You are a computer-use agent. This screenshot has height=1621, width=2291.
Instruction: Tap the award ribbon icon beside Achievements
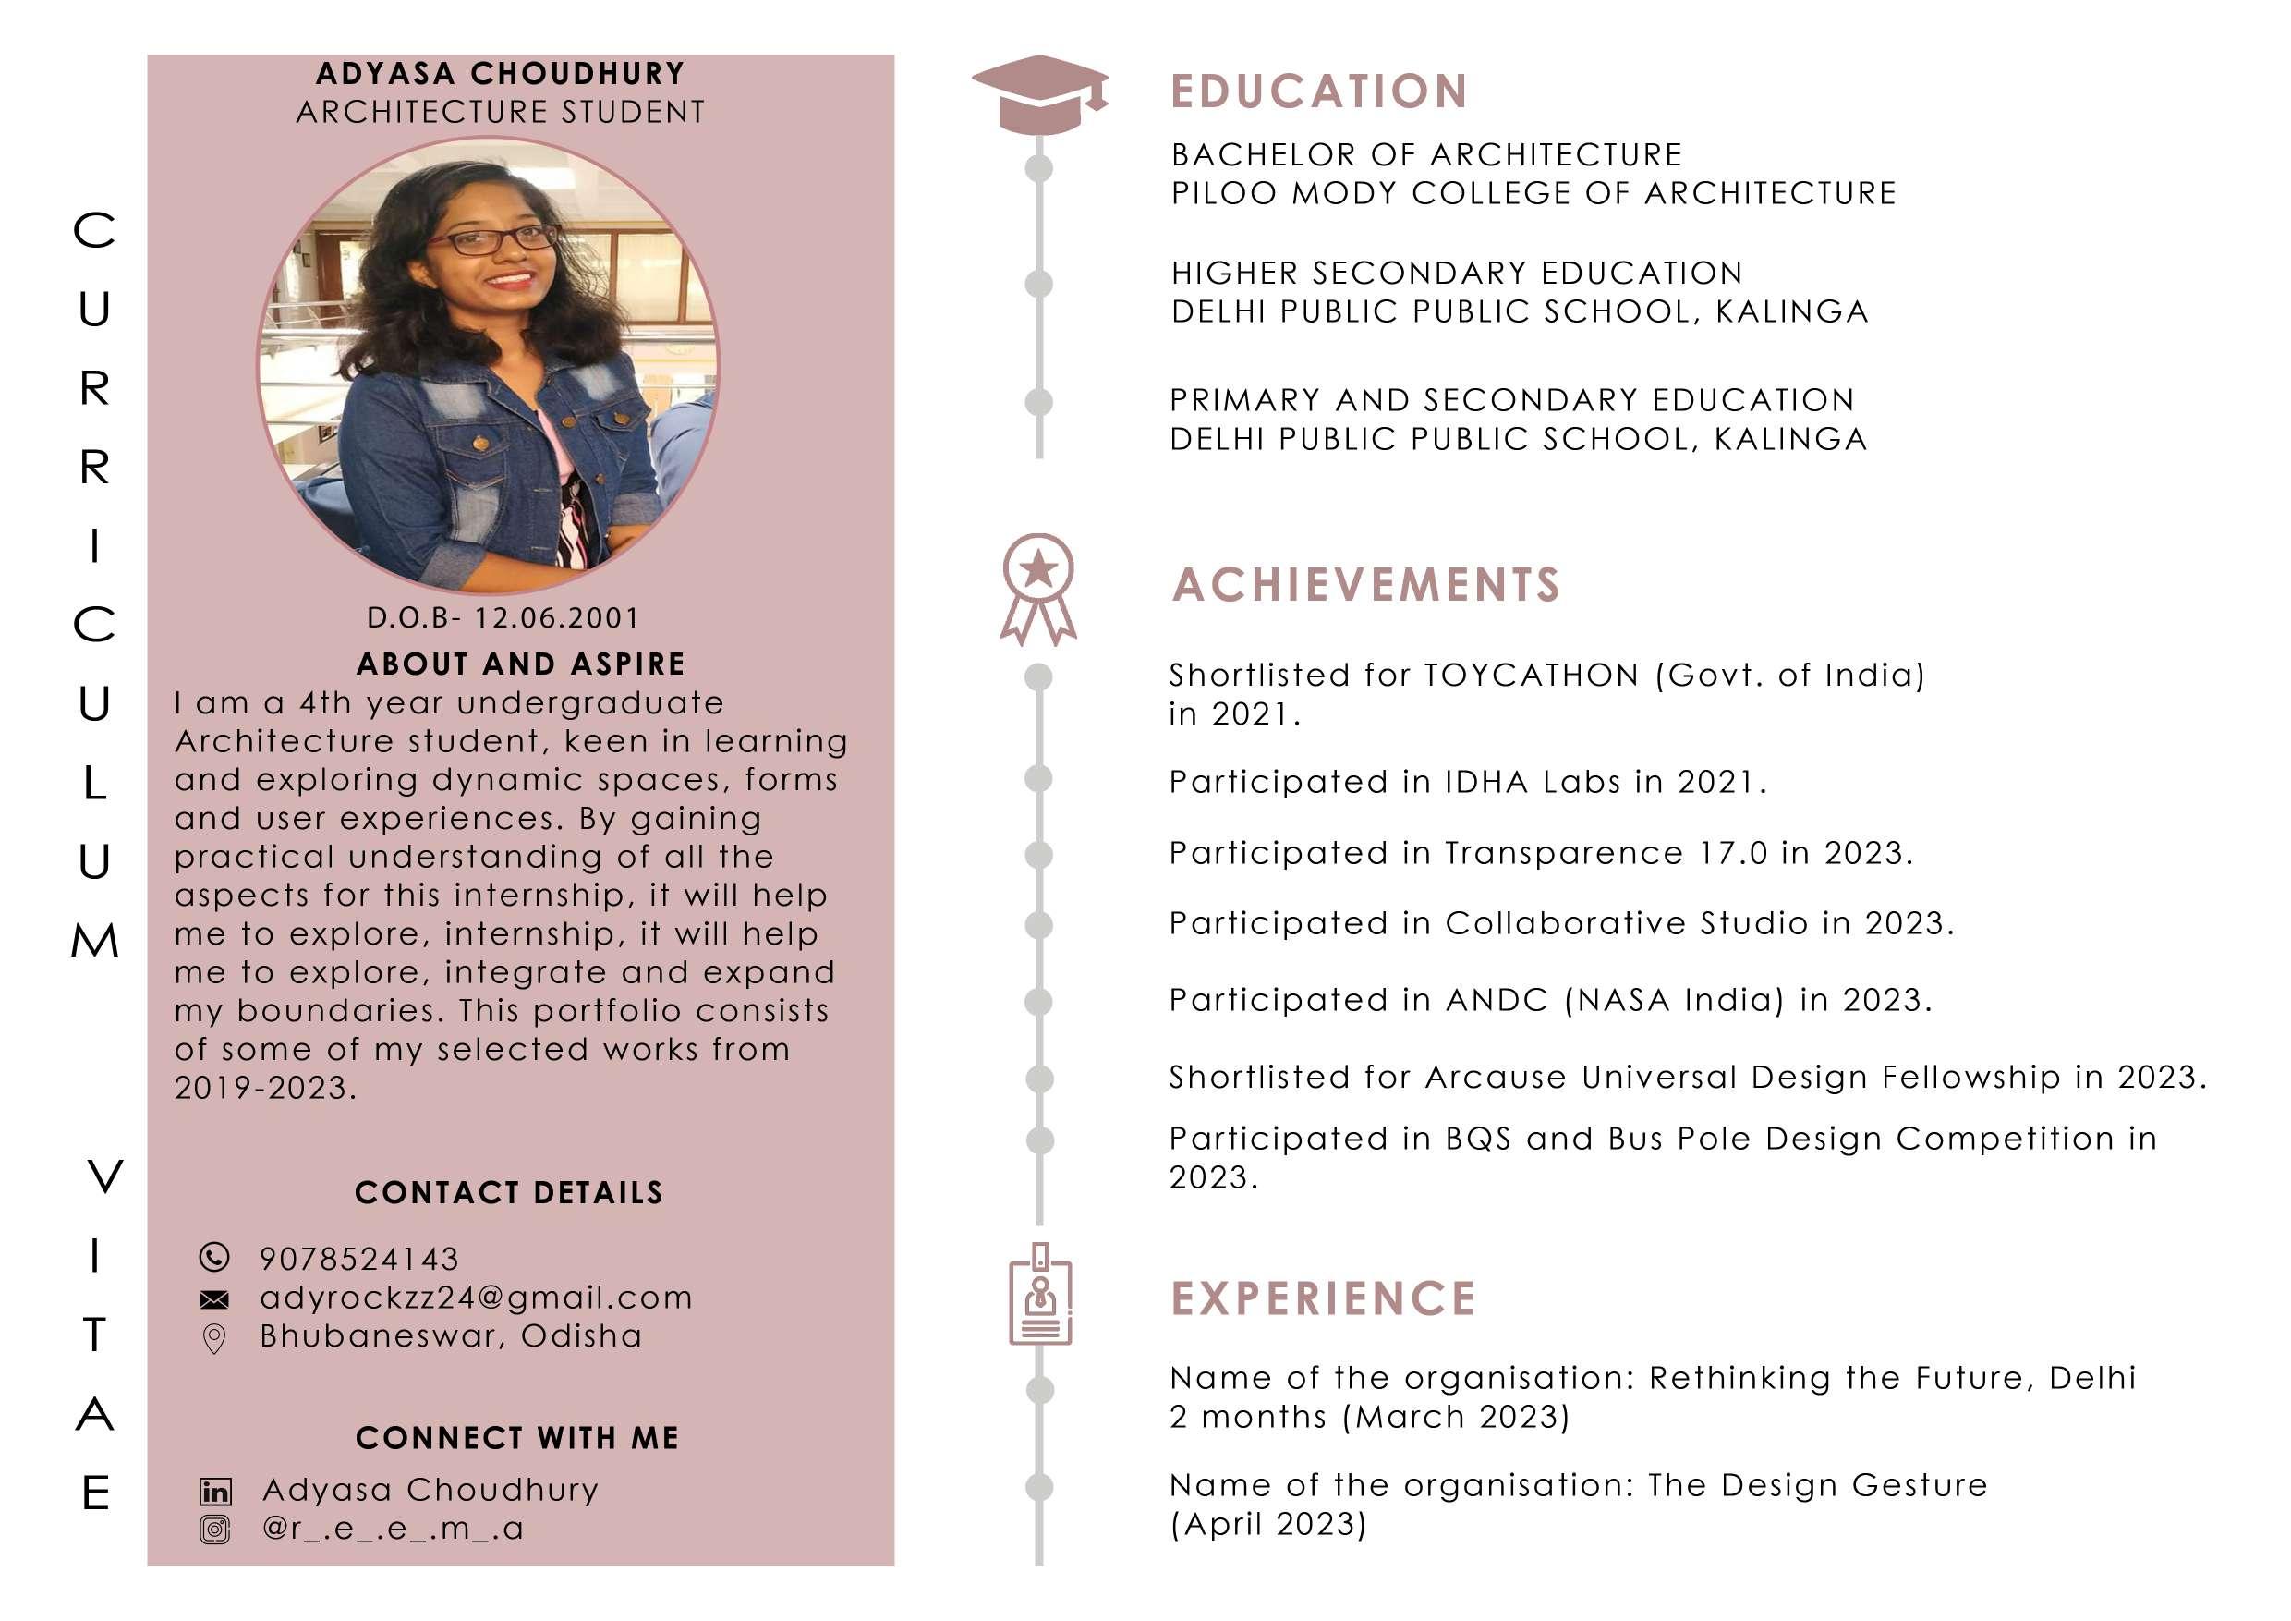pos(1037,588)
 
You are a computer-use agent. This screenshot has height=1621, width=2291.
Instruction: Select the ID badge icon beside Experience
pos(1040,1295)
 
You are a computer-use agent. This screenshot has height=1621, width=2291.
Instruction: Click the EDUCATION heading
pos(1318,91)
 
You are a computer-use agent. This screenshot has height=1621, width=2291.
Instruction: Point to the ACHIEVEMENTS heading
pos(1365,585)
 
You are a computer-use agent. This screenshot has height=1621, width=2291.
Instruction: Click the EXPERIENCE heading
pos(1323,1298)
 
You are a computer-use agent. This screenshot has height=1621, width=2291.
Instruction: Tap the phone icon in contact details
pos(214,1257)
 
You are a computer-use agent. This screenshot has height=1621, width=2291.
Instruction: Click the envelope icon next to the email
pos(214,1299)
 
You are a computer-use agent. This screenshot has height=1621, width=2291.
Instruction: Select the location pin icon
pos(214,1338)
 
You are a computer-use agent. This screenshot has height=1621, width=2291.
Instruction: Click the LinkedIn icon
pos(215,1492)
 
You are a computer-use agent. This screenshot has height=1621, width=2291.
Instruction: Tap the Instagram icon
pos(215,1530)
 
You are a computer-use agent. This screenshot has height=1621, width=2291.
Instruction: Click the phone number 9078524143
pos(359,1259)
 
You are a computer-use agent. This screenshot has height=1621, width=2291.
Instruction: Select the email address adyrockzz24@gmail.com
pos(476,1298)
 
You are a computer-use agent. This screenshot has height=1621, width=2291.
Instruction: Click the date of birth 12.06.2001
pos(557,618)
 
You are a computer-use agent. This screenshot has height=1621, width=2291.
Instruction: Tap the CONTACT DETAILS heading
pos(509,1193)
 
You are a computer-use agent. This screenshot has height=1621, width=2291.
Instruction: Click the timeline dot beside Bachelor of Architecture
pos(1038,167)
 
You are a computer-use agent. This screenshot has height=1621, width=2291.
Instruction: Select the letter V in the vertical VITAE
pos(104,1176)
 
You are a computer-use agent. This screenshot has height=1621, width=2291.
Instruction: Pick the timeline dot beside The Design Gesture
pos(1040,1487)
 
